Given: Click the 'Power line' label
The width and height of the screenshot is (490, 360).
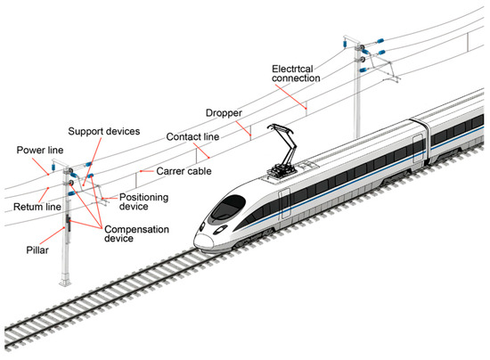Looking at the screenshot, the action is click(x=40, y=150).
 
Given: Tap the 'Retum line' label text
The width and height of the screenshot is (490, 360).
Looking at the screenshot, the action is click(x=37, y=207).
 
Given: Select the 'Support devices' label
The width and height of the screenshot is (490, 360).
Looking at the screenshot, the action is click(x=103, y=131).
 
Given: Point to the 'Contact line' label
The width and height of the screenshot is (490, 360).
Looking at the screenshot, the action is click(x=192, y=137).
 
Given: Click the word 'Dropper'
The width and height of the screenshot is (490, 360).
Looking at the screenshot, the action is click(x=224, y=113).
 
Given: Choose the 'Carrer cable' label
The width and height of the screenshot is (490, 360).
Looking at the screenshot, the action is click(x=184, y=171).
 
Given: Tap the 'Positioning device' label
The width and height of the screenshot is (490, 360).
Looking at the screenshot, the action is click(x=143, y=202).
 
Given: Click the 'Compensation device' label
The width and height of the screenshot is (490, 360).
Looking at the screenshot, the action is click(x=136, y=233).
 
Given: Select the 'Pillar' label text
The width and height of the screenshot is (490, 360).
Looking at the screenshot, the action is click(x=37, y=250).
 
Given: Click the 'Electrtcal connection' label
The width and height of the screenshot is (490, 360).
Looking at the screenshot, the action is click(x=296, y=73).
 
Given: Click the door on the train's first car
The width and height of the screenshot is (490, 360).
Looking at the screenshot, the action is click(x=284, y=203).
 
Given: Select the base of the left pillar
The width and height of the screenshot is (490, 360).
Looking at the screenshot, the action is click(x=65, y=279).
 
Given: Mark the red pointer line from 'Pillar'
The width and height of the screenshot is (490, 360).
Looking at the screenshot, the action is click(x=53, y=235).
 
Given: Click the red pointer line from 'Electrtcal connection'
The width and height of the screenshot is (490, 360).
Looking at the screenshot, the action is click(x=290, y=96).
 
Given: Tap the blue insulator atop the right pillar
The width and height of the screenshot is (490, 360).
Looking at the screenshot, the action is click(x=345, y=43).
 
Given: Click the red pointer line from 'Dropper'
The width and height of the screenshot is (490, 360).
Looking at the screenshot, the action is click(x=243, y=128).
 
